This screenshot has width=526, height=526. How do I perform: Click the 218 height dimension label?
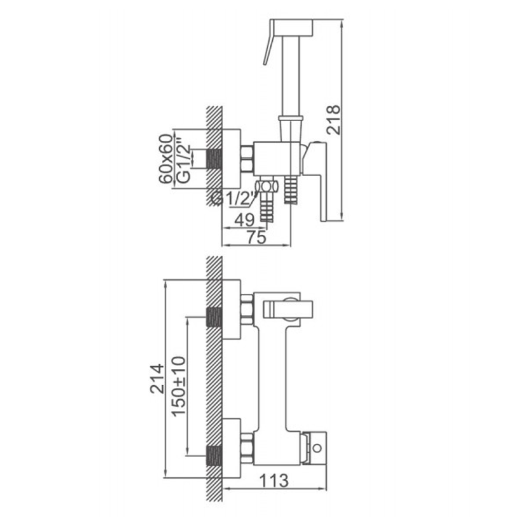pos(333,120)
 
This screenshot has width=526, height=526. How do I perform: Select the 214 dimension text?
pos(157,378)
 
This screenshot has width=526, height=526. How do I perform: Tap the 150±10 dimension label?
pos(178,386)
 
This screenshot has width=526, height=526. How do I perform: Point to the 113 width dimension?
pos(274,480)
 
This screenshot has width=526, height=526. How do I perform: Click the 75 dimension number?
pos(257,237)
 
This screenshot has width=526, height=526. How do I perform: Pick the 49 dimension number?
pos(245,220)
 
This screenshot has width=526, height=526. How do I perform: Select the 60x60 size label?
pos(166,159)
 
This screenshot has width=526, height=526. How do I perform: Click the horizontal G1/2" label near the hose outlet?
pos(235,199)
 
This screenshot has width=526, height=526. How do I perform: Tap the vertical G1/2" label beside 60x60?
pos(184,163)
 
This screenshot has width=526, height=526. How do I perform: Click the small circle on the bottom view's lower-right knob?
pos(317,447)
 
